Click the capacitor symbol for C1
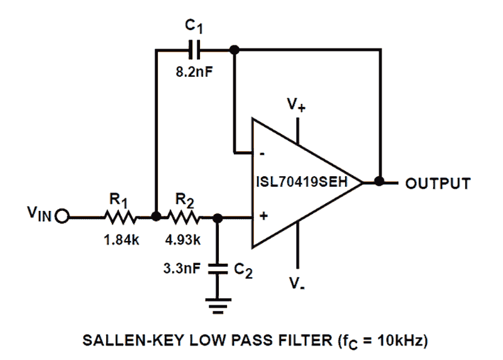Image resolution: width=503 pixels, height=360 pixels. click(x=194, y=48)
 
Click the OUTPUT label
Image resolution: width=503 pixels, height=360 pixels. click(x=438, y=183)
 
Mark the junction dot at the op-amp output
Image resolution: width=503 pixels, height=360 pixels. click(x=379, y=181)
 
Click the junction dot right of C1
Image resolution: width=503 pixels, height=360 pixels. click(x=234, y=49)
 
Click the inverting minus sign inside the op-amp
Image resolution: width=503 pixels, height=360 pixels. click(x=262, y=153)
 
